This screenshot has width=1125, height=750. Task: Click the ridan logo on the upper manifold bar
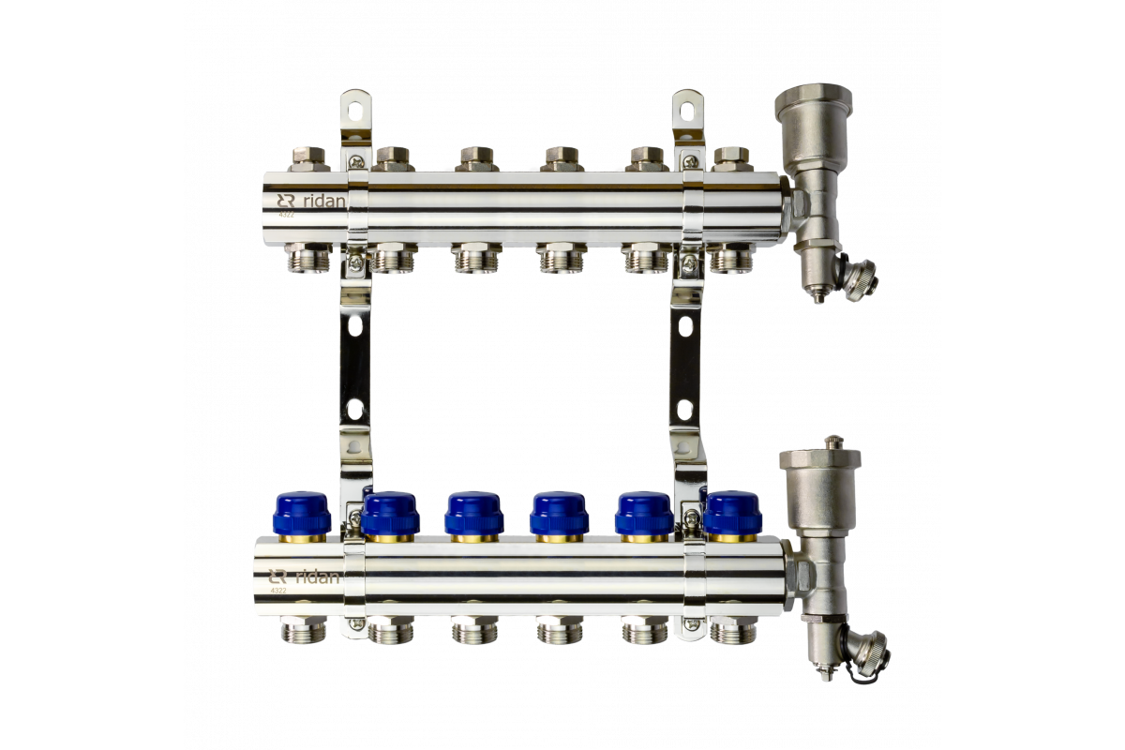tap(311, 202)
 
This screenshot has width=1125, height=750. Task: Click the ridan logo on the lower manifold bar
tap(304, 577)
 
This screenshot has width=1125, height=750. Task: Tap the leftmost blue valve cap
tap(302, 514)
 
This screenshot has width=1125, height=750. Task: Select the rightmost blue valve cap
tap(732, 514)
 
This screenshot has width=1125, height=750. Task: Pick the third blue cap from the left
tap(473, 514)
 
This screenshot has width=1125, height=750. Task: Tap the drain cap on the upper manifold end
tap(862, 278)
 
